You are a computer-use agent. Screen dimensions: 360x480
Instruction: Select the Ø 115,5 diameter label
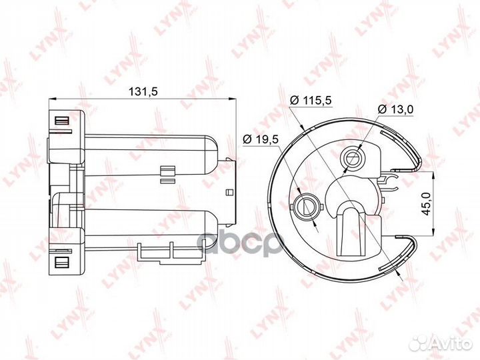pos(311,100)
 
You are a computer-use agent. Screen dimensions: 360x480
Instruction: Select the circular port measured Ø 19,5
pos(307,205)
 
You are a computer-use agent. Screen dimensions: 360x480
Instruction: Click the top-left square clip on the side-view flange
pos(62,121)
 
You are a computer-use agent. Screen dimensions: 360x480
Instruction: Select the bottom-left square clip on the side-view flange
pos(62,261)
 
